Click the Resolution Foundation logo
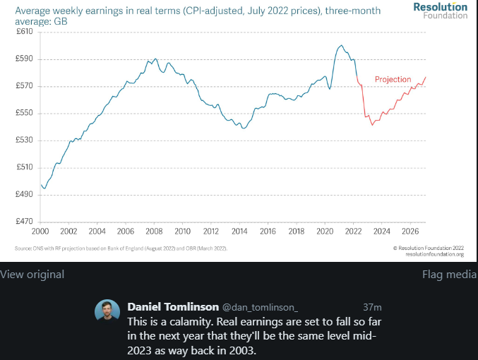(x=441, y=11)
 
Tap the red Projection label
(x=393, y=80)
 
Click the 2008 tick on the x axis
(x=154, y=231)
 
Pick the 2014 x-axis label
(x=239, y=231)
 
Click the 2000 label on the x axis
(x=40, y=231)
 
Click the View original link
(x=32, y=275)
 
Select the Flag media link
(x=449, y=275)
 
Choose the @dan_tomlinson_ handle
(x=260, y=307)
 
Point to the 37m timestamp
(x=372, y=307)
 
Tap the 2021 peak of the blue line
(x=341, y=46)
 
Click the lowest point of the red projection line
(x=371, y=124)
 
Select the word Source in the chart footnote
(x=22, y=248)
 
